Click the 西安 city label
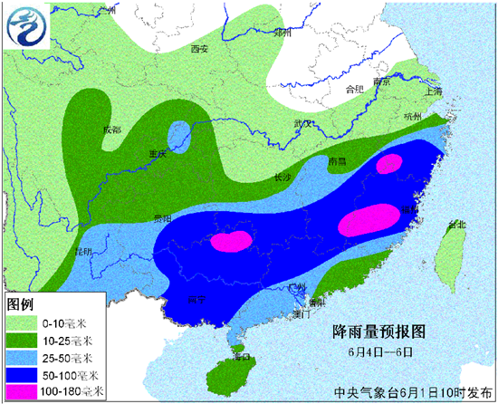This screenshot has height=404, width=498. point(199,49)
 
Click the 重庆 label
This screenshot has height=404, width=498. point(158,155)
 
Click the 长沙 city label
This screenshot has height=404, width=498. point(283,178)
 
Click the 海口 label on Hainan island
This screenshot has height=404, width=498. point(240,357)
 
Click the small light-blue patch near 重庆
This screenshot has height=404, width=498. point(180,136)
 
